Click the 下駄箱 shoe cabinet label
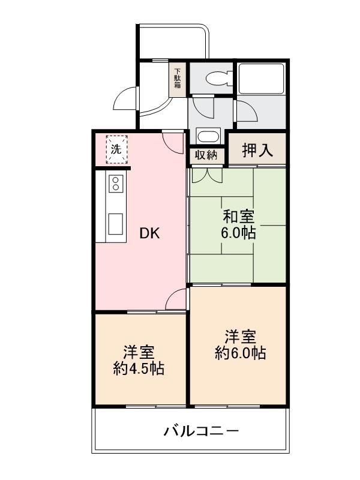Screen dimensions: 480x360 (x=178, y=78)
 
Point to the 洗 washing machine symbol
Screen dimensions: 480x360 (x=117, y=150)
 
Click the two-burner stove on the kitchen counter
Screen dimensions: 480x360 (x=116, y=184)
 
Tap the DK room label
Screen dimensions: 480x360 (x=149, y=234)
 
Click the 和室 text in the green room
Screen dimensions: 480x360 (x=238, y=217)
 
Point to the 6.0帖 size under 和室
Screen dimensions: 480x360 (x=238, y=233)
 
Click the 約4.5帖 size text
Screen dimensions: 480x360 (x=139, y=368)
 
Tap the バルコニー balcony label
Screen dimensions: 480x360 (x=201, y=431)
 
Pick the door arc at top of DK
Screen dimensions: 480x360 (x=174, y=142)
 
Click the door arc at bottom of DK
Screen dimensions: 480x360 (x=176, y=300)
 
